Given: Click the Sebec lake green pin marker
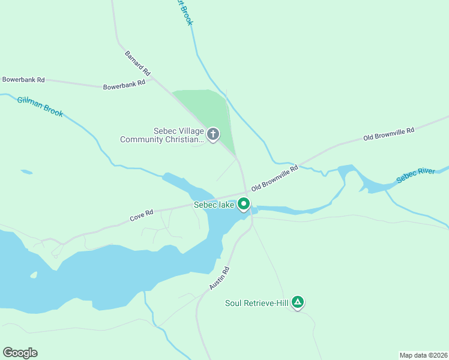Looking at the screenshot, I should [244, 204].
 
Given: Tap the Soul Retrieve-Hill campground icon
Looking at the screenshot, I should [298, 302].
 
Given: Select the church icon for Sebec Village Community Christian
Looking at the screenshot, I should [212, 134].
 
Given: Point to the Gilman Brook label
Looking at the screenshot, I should [40, 106].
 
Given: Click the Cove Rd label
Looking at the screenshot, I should [142, 215].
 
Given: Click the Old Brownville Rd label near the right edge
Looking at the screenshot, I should [389, 134].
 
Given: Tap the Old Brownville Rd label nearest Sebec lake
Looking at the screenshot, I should [275, 179].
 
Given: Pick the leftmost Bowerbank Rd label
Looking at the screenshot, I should [23, 79].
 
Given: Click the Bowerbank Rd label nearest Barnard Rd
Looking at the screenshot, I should [124, 85].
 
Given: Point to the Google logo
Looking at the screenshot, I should [20, 353].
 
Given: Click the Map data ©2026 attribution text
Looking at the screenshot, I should [423, 355].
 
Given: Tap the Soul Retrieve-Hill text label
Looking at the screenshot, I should [257, 303].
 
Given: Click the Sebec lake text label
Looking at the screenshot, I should [214, 205].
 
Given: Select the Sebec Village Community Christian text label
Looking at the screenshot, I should [161, 135].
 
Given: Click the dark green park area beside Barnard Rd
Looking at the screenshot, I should [207, 108].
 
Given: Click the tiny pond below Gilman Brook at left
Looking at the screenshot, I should [26, 172].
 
